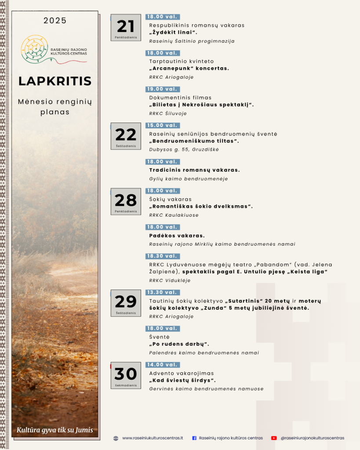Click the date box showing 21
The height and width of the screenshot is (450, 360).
pyautogui.click(x=126, y=28)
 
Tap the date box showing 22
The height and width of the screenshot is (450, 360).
pyautogui.click(x=126, y=136)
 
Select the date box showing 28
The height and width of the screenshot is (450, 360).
pyautogui.click(x=126, y=201)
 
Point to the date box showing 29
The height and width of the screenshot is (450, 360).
pyautogui.click(x=126, y=303)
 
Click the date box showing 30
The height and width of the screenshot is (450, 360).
pyautogui.click(x=126, y=375)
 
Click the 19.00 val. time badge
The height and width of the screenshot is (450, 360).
pyautogui.click(x=163, y=89)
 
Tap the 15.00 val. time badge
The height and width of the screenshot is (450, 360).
pyautogui.click(x=163, y=125)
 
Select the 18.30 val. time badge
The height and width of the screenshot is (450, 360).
pyautogui.click(x=163, y=256)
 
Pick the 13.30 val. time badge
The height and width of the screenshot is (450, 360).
pyautogui.click(x=163, y=292)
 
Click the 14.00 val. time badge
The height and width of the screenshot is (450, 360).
pyautogui.click(x=163, y=365)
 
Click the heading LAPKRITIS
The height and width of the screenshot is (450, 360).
pyautogui.click(x=55, y=81)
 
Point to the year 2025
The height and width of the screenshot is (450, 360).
pyautogui.click(x=55, y=21)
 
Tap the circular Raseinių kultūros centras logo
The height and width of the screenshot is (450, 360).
pyautogui.click(x=34, y=48)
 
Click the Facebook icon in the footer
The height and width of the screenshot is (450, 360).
pyautogui.click(x=194, y=438)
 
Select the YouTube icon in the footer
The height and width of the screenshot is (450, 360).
pyautogui.click(x=274, y=438)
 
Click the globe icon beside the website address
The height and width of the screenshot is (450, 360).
pyautogui.click(x=116, y=438)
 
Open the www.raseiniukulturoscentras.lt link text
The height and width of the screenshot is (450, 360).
pyautogui.click(x=153, y=438)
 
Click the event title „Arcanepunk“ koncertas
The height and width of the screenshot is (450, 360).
pyautogui.click(x=189, y=69)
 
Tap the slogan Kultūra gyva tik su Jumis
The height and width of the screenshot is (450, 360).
pyautogui.click(x=55, y=430)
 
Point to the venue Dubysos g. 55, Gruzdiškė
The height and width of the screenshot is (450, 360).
pyautogui.click(x=184, y=149)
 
